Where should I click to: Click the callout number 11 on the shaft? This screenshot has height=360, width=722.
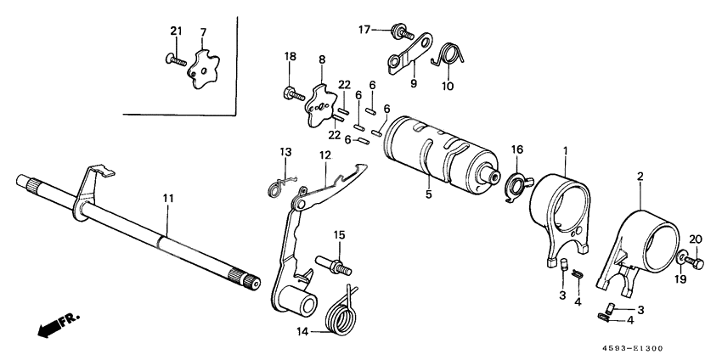pyautogui.click(x=168, y=198)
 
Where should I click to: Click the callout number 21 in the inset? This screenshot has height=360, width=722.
pyautogui.click(x=176, y=31)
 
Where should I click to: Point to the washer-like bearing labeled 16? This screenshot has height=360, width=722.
pyautogui.click(x=515, y=184)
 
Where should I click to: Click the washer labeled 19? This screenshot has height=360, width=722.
pyautogui.click(x=683, y=257)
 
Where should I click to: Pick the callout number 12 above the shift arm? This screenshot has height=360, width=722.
pyautogui.click(x=324, y=155)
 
